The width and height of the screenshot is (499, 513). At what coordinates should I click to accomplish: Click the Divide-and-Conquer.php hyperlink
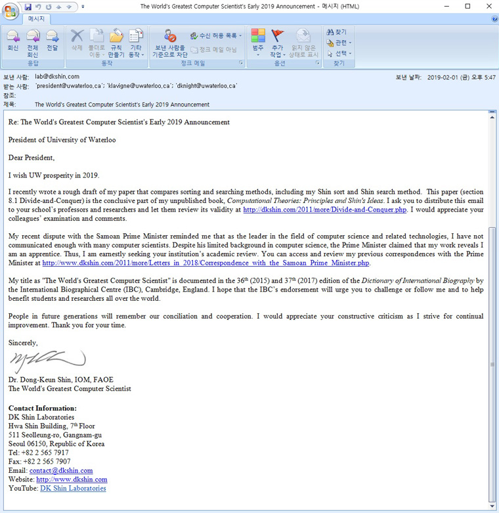click(324, 210)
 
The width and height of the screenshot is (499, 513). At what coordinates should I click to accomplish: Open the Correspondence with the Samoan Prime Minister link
click(206, 263)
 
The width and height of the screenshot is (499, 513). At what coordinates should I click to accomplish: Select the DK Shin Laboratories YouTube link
click(73, 488)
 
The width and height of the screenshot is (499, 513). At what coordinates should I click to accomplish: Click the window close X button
click(487, 6)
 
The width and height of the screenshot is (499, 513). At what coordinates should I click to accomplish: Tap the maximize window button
click(467, 6)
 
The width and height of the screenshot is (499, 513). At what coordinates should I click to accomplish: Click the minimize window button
click(448, 6)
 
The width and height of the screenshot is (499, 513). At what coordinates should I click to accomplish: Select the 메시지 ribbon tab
click(36, 18)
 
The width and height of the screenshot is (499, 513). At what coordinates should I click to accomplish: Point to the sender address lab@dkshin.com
click(57, 77)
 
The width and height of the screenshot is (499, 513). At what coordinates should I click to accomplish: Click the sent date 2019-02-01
click(445, 77)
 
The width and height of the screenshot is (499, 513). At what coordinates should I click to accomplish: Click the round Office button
click(11, 12)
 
